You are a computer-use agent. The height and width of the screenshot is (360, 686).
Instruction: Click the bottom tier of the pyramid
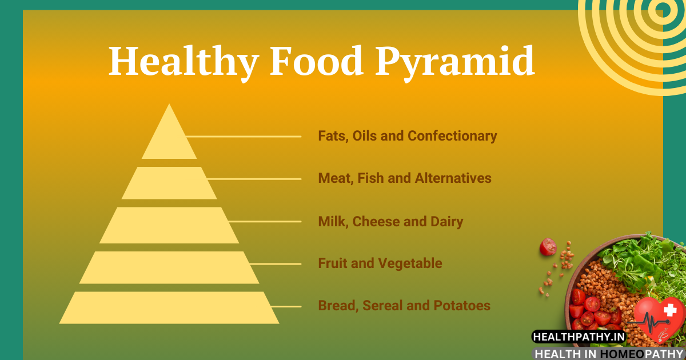pos(169,307)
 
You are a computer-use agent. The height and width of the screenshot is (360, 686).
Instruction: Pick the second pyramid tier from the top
pos(169,183)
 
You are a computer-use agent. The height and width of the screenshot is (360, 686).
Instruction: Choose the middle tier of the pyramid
pos(169,225)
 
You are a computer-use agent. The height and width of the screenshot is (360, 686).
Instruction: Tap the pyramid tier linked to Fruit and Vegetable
pos(169,267)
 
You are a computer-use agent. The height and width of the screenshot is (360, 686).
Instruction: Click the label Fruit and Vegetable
pos(380,263)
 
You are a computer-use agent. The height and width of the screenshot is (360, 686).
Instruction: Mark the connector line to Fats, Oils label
pos(244,137)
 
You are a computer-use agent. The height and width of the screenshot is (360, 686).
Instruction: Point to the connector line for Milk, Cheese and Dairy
pos(265,221)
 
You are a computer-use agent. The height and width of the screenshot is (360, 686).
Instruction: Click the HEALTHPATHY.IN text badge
pos(579,337)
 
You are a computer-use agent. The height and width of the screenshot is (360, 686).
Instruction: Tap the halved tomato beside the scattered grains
pos(548,246)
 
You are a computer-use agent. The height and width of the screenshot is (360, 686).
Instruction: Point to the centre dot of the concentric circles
pos(664,9)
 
